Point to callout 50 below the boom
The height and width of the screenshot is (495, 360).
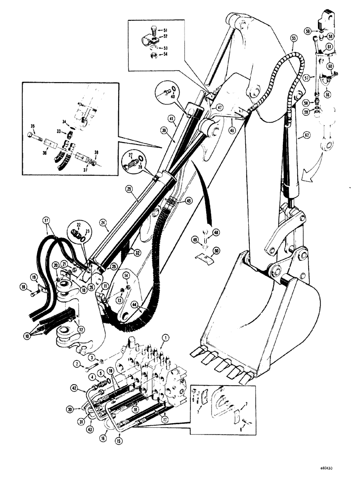216,251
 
